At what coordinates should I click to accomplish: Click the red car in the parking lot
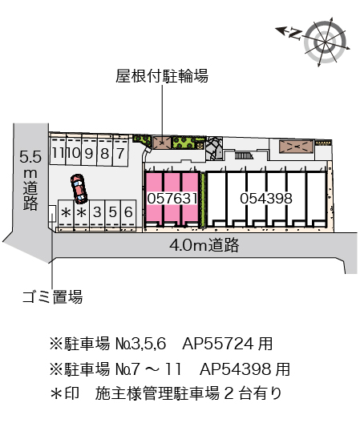[x=79, y=188]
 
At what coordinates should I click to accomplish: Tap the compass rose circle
[x=325, y=42]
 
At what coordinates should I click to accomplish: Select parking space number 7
[x=120, y=153]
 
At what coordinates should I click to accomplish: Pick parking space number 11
[x=58, y=153]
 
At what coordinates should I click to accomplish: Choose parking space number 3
[x=97, y=212]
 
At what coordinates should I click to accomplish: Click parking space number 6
[x=128, y=212]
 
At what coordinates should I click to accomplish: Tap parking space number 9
[x=89, y=153]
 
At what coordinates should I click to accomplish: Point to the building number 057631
[x=172, y=199]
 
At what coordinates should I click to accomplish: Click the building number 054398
[x=266, y=199]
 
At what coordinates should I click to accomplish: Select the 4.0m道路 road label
[x=204, y=245]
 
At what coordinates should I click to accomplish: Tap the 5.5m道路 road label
[x=30, y=180]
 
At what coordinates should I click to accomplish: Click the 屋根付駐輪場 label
[x=162, y=76]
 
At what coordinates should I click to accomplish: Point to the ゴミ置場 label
[x=52, y=297]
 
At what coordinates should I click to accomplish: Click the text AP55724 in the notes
[x=218, y=344]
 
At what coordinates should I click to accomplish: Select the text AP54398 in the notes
[x=235, y=369]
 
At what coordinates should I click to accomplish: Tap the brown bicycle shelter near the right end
[x=297, y=147]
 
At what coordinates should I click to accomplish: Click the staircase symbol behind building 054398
[x=244, y=155]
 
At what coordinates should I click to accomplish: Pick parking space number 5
[x=112, y=212]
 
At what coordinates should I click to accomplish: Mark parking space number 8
[x=104, y=153]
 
